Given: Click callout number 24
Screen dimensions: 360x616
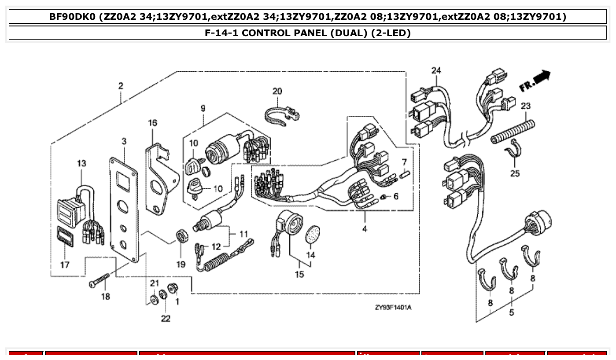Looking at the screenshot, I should point(435,70).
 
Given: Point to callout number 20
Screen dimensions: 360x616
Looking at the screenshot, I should point(277,92).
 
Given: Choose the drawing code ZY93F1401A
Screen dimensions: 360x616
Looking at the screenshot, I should point(393,307).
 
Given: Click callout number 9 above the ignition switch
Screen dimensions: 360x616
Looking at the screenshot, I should point(203,108).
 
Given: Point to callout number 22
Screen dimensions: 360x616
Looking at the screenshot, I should point(165,318).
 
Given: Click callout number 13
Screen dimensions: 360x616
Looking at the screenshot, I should point(81,163).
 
